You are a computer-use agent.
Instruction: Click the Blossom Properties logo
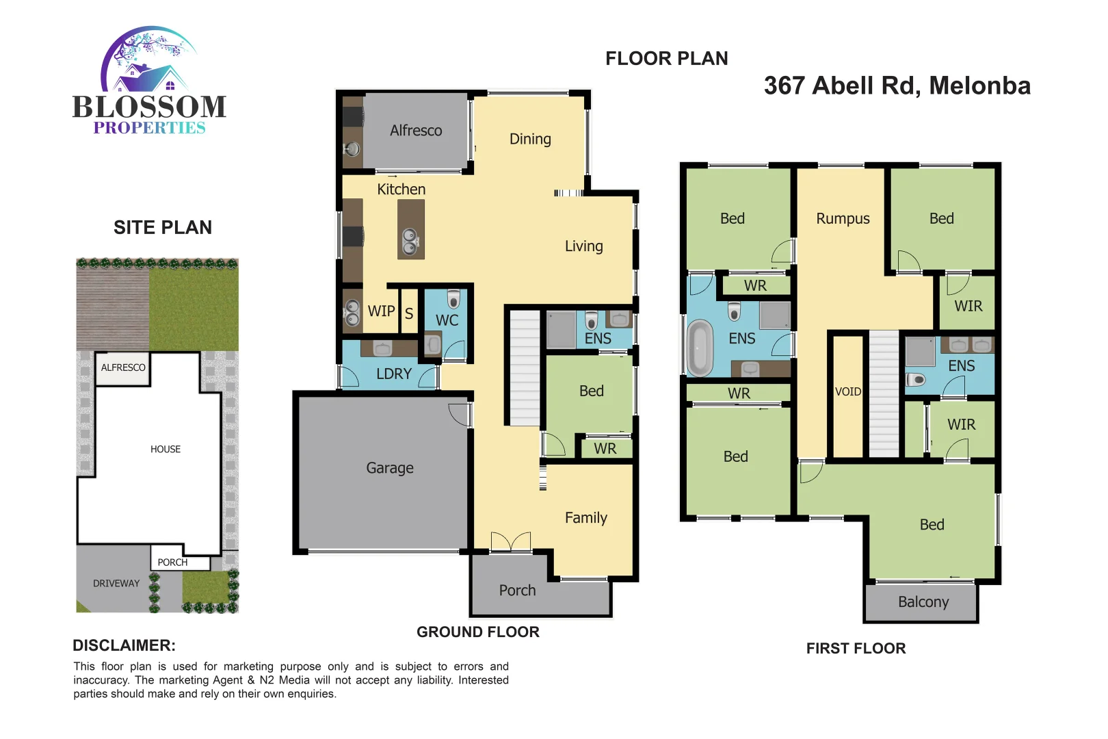[149, 82]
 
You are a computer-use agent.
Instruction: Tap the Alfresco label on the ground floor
[416, 131]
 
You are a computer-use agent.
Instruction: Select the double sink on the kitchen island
[410, 241]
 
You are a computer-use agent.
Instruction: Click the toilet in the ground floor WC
[453, 298]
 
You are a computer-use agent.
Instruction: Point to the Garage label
[390, 468]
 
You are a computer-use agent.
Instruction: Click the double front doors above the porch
[511, 542]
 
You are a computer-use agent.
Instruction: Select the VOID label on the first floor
[848, 391]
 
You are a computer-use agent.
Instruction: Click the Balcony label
[923, 602]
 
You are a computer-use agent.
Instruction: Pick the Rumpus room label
[843, 219]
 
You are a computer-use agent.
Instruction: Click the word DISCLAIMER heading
[124, 645]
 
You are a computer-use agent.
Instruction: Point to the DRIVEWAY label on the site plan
[116, 584]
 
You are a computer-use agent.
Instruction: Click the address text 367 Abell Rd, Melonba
[897, 86]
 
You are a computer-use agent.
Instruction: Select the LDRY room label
[394, 374]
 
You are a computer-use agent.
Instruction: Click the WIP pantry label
[381, 311]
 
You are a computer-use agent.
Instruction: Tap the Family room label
[586, 518]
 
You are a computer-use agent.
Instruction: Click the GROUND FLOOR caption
[478, 632]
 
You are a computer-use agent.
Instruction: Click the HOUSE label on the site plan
[166, 450]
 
